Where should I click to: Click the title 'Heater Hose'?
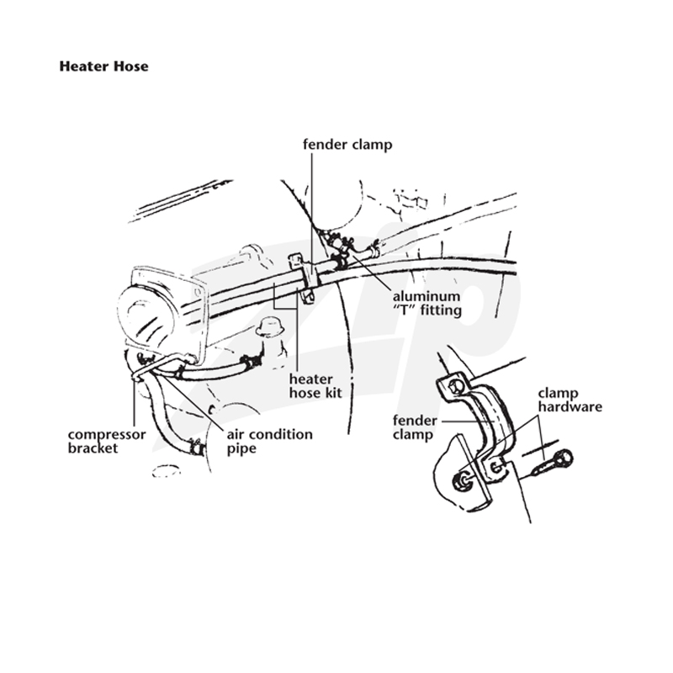pos(103,66)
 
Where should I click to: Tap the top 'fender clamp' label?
pos(347,144)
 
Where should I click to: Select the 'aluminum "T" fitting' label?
pos(427,303)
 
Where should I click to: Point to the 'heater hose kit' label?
pos(315,386)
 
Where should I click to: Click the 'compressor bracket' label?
pos(107,441)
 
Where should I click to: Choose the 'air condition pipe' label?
pos(269,441)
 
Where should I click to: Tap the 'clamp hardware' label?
pos(570,400)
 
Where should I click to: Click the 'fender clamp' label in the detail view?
pos(415,427)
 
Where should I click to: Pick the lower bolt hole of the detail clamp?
pos(496,466)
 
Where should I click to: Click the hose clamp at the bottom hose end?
pos(196,448)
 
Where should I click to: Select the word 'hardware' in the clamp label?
pos(570,407)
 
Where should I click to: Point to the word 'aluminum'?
pos(427,297)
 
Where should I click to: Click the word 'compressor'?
pos(107,435)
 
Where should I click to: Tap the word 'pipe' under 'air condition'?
pos(241,449)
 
